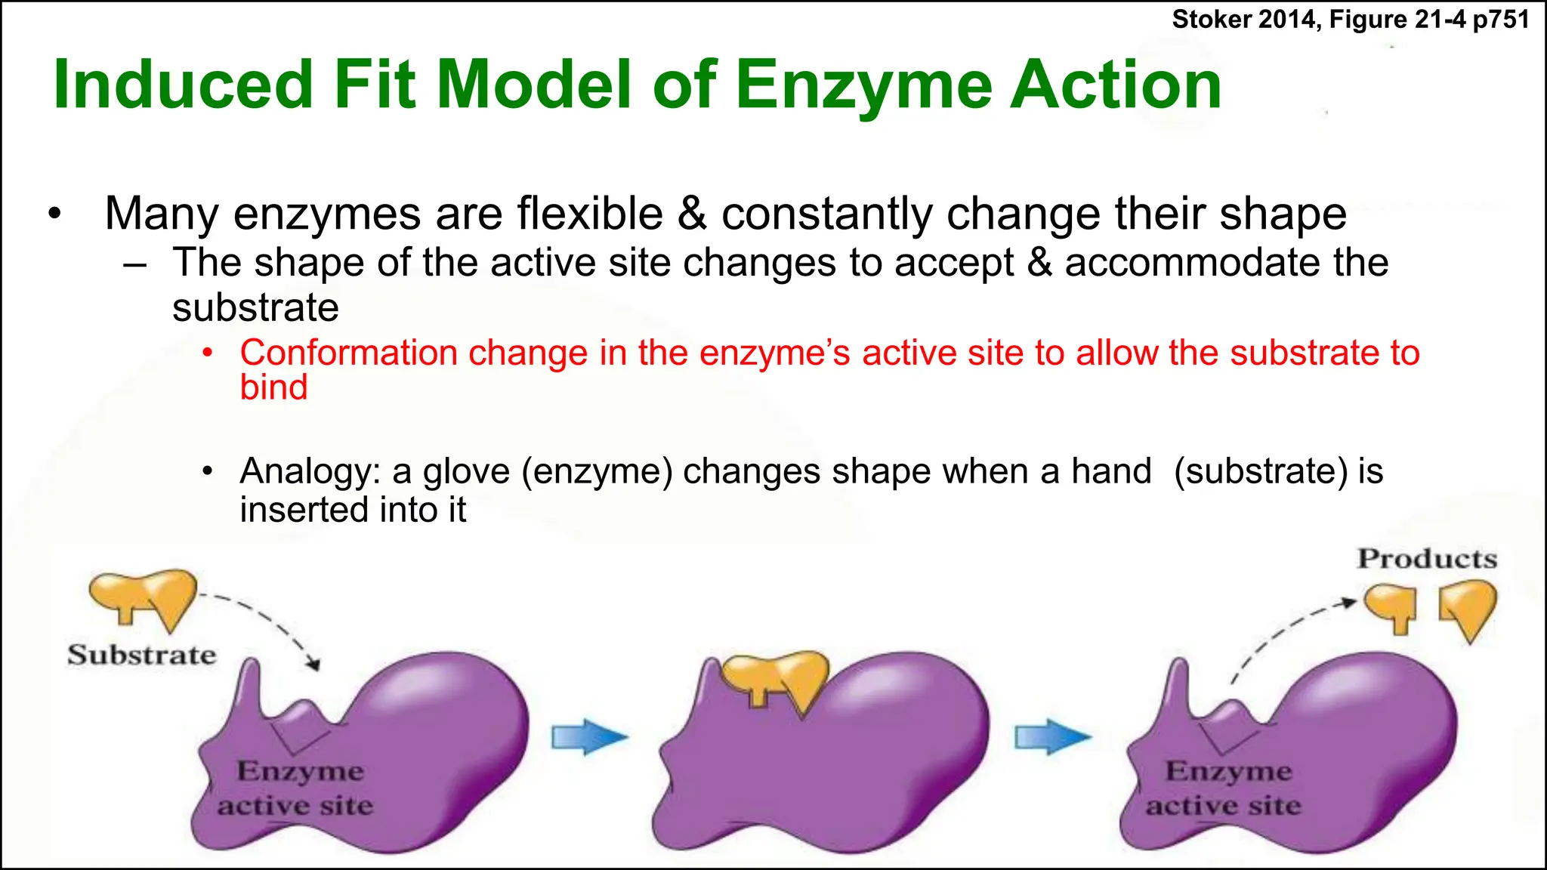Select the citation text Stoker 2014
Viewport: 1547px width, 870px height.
[1246, 20]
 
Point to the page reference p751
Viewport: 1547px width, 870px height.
[1501, 20]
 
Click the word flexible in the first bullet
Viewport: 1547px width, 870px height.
[590, 214]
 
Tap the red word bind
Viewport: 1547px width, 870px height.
[273, 387]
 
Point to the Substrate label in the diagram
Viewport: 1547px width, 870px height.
[141, 654]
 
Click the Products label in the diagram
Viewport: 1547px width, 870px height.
[1427, 559]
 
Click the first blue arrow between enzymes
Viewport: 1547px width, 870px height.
[589, 737]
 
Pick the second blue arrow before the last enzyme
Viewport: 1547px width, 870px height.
[1052, 737]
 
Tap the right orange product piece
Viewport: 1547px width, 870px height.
[1468, 607]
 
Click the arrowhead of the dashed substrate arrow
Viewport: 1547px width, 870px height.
[313, 665]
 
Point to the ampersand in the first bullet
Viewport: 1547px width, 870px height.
[692, 214]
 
